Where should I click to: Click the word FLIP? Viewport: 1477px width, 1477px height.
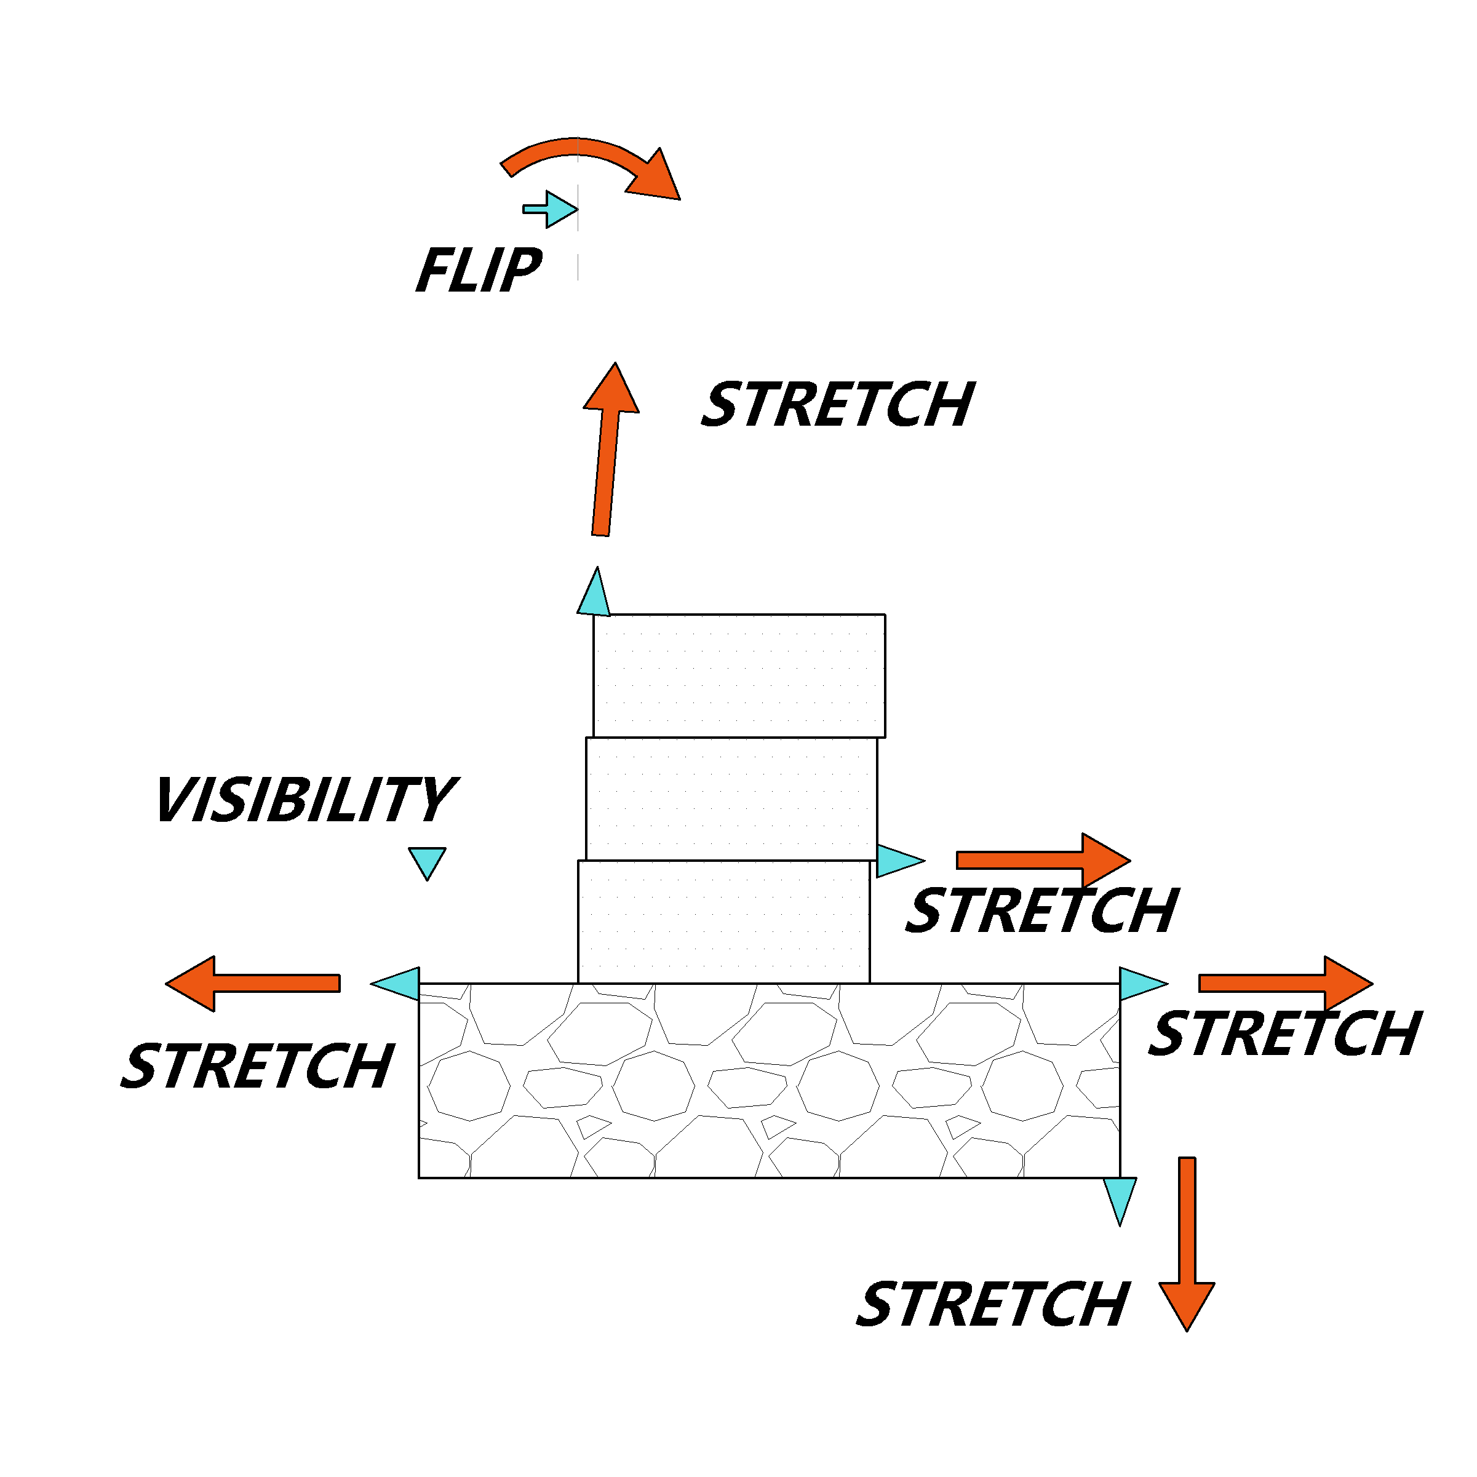click(479, 271)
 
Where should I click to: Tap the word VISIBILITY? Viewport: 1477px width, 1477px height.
click(306, 800)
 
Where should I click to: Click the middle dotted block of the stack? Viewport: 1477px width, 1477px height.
click(731, 799)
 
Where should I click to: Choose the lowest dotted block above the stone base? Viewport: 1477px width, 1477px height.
click(724, 922)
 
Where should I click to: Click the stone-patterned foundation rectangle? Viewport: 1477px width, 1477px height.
click(770, 1081)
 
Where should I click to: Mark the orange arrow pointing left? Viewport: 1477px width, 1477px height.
click(253, 984)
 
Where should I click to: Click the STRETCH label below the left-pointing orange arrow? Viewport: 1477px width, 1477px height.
click(258, 1065)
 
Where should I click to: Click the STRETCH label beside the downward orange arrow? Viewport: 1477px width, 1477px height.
click(993, 1304)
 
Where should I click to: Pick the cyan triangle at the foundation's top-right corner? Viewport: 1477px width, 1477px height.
click(1142, 984)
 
